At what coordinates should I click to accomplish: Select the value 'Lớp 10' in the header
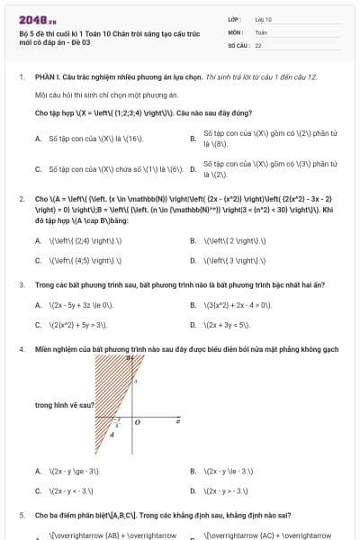click(264, 18)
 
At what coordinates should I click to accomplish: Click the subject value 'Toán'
click(261, 31)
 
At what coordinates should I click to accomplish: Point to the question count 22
click(258, 44)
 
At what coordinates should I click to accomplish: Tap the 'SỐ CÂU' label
click(238, 44)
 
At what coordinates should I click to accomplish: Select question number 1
click(21, 77)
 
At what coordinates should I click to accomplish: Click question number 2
click(21, 198)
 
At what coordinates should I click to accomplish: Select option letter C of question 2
click(38, 260)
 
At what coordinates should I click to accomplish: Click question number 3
click(21, 284)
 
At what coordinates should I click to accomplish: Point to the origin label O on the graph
click(137, 421)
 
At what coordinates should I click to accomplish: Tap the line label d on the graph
click(112, 435)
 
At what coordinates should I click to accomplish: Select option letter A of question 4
click(38, 471)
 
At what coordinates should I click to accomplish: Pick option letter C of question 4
click(38, 490)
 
